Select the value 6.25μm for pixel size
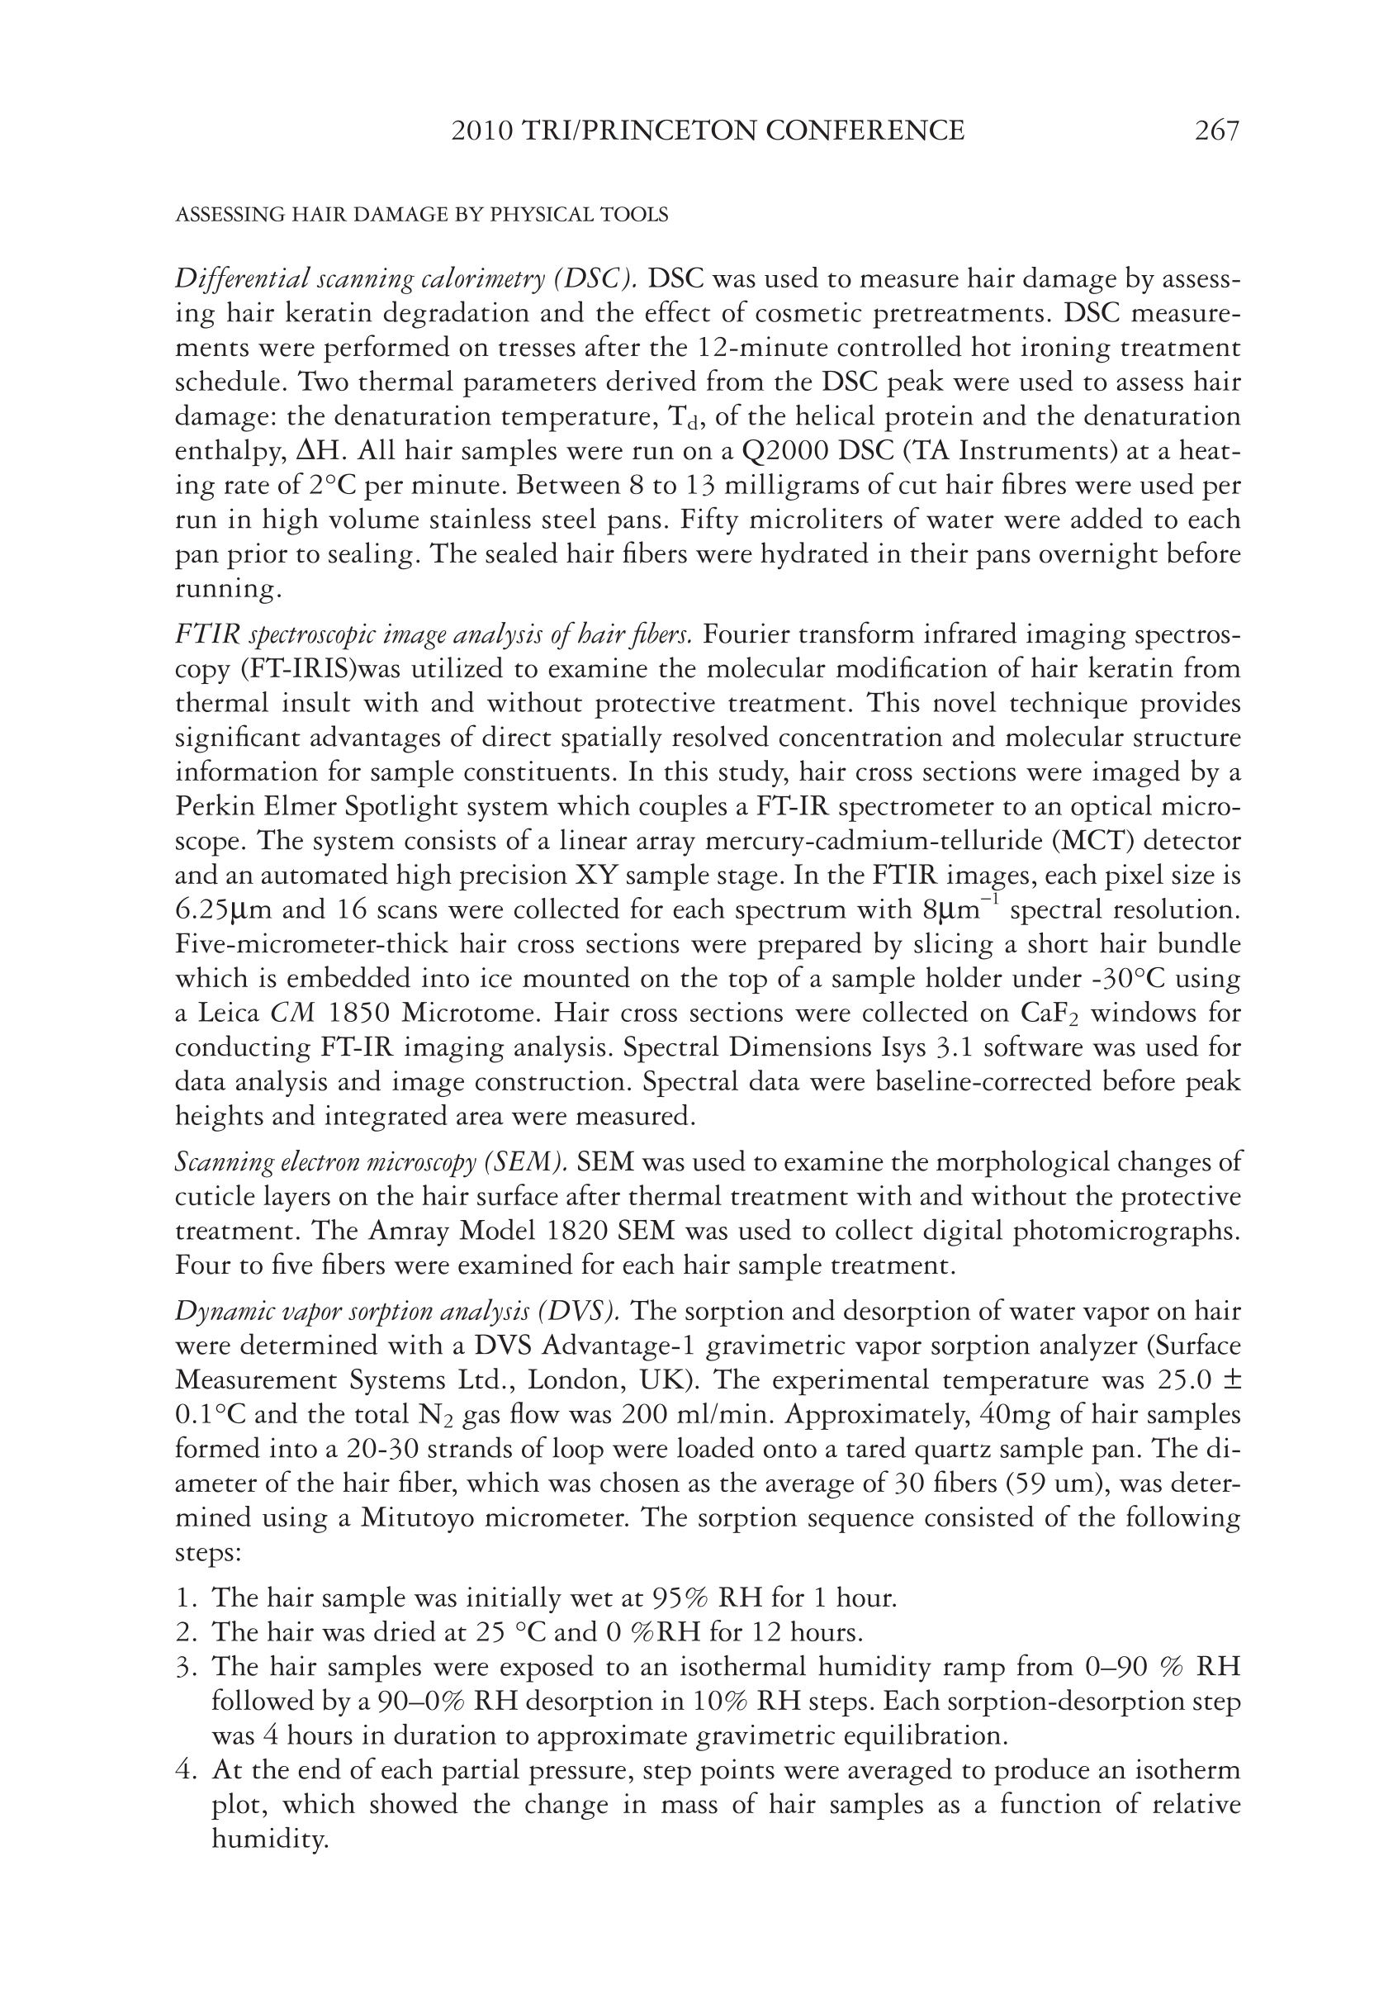point(221,910)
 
